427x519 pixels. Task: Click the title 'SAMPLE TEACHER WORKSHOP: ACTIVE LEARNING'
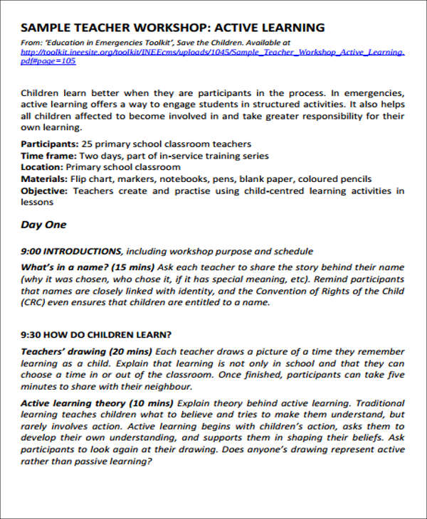click(x=173, y=28)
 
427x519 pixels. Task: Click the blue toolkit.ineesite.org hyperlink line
click(x=213, y=52)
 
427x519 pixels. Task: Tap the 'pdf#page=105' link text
click(x=48, y=61)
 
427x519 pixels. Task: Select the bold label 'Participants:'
click(x=49, y=144)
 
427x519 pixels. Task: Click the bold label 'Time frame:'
click(x=48, y=156)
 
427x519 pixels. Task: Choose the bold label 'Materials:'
click(x=44, y=178)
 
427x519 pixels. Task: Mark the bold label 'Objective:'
click(x=45, y=191)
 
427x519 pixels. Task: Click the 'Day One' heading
click(x=43, y=225)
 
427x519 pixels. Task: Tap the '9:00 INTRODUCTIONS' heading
click(x=71, y=251)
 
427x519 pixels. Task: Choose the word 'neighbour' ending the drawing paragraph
click(x=168, y=387)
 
